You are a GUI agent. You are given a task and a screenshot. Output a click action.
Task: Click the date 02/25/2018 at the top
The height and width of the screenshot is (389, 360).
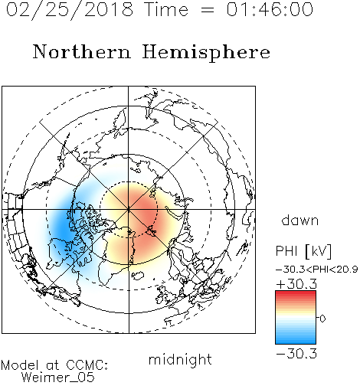click(x=70, y=10)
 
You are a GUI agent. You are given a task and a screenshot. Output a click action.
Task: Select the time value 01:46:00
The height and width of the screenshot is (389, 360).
click(x=270, y=9)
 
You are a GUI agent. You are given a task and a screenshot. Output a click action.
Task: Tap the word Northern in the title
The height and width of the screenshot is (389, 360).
click(x=82, y=51)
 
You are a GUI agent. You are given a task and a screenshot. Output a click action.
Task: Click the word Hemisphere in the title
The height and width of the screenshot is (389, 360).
click(x=206, y=52)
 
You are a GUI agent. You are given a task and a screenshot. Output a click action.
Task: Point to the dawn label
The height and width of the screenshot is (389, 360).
click(x=300, y=220)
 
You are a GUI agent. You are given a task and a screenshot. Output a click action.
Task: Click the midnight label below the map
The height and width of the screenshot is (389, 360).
click(x=180, y=360)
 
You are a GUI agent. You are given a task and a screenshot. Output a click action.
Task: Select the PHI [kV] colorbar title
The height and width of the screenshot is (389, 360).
click(x=303, y=251)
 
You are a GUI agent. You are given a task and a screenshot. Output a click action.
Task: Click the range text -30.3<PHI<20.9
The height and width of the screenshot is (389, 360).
click(x=316, y=270)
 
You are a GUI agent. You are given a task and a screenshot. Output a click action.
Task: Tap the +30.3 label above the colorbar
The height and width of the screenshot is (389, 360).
click(x=296, y=284)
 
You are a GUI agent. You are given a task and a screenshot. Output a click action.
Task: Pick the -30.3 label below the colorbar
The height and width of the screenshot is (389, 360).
click(x=296, y=354)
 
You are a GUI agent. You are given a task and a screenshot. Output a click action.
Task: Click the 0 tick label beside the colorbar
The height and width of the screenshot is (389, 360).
click(x=322, y=319)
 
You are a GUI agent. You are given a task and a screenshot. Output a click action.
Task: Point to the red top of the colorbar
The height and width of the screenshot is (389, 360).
click(x=296, y=295)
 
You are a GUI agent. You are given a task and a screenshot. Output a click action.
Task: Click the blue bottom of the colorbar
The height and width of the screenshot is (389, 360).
click(x=296, y=340)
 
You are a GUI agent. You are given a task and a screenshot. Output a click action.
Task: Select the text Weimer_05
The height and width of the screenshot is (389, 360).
click(x=58, y=378)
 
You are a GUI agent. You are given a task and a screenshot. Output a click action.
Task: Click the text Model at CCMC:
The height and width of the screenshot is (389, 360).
click(x=54, y=365)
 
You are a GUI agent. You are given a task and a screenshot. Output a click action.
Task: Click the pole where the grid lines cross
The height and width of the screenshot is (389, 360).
click(x=129, y=209)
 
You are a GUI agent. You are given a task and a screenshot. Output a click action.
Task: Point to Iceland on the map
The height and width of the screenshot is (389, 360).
click(x=138, y=276)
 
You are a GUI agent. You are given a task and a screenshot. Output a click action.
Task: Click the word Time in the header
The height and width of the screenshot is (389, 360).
click(x=166, y=9)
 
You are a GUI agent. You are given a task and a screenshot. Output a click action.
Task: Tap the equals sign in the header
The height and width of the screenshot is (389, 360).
click(x=207, y=10)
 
